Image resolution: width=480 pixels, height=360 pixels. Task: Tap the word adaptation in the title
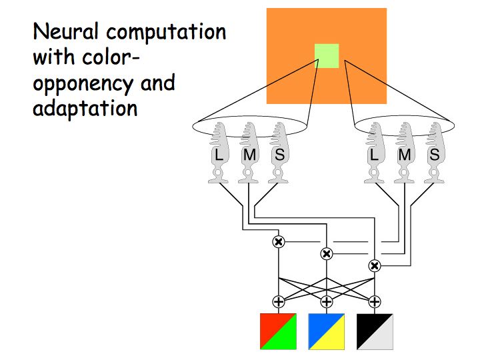(85, 108)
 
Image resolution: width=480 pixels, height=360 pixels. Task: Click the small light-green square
(327, 56)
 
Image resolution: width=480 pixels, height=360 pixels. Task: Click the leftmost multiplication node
(279, 241)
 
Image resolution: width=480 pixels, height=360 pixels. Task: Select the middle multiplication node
(327, 253)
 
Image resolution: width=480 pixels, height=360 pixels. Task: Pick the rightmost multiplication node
(375, 265)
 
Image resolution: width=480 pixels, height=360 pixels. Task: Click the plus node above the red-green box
(279, 301)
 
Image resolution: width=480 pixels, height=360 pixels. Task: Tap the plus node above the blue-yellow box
(327, 301)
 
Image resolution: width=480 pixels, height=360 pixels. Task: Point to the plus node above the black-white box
(375, 301)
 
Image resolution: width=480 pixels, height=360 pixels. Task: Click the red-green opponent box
(278, 331)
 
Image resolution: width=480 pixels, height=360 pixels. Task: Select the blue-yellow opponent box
(326, 331)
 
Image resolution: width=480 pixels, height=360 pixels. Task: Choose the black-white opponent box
(375, 331)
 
